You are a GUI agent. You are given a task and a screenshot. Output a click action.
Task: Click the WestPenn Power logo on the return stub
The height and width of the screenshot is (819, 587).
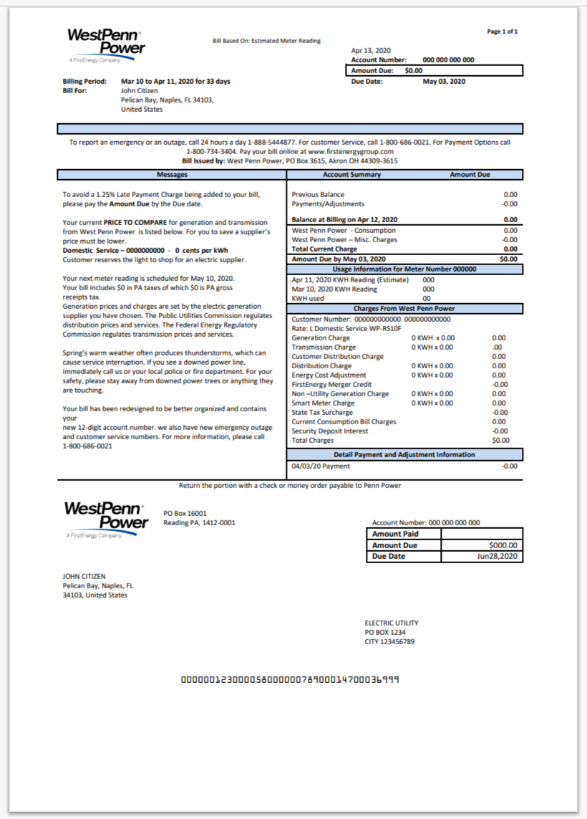click(x=105, y=517)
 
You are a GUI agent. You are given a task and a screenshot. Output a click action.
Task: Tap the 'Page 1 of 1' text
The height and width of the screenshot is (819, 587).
click(x=502, y=32)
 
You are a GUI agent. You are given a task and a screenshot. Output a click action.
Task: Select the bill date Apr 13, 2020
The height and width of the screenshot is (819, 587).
click(x=371, y=51)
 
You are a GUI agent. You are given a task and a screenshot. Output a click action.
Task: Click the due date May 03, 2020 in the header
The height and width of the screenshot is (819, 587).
click(x=444, y=82)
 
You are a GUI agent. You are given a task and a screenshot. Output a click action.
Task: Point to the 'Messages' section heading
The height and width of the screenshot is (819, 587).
click(x=172, y=175)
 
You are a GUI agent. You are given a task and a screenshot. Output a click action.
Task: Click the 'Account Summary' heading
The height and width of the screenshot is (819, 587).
click(x=351, y=175)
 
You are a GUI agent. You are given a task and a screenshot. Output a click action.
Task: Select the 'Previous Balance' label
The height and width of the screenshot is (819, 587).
click(x=318, y=194)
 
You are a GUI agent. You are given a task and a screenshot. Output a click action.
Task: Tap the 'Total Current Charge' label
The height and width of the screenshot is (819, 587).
click(x=324, y=249)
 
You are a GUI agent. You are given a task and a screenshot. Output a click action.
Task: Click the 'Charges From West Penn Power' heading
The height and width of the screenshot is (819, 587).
click(x=404, y=309)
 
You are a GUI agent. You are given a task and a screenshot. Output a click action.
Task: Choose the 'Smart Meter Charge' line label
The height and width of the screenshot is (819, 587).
click(x=323, y=403)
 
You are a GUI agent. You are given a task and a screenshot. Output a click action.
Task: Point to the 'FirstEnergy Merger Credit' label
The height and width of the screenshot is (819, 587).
click(x=331, y=384)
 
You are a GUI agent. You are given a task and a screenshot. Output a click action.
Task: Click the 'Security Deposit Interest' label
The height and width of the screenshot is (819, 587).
click(x=330, y=431)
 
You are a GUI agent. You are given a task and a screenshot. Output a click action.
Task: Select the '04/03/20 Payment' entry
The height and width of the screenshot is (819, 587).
click(x=321, y=466)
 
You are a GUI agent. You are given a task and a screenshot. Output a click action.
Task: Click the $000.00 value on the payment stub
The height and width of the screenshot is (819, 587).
click(x=503, y=545)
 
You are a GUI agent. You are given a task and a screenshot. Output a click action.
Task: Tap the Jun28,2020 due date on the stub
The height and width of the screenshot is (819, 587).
click(x=497, y=556)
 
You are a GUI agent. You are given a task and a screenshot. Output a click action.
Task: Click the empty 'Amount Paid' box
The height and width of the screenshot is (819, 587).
click(x=481, y=534)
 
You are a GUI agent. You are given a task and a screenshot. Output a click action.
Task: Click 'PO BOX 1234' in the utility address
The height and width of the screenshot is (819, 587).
click(x=385, y=632)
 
